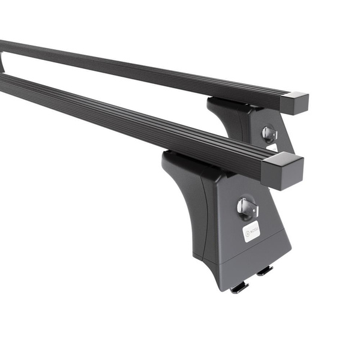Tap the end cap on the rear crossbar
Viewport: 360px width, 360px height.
pyautogui.click(x=294, y=103)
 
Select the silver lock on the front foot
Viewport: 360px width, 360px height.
pyautogui.click(x=247, y=208)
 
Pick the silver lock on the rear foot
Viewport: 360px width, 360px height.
pyautogui.click(x=269, y=133)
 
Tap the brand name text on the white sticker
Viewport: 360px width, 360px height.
pyautogui.click(x=254, y=230)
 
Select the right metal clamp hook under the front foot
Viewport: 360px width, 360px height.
pyautogui.click(x=265, y=271)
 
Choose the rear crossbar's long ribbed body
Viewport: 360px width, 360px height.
pyautogui.click(x=150, y=69)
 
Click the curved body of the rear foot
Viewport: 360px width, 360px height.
pyautogui.click(x=231, y=123)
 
